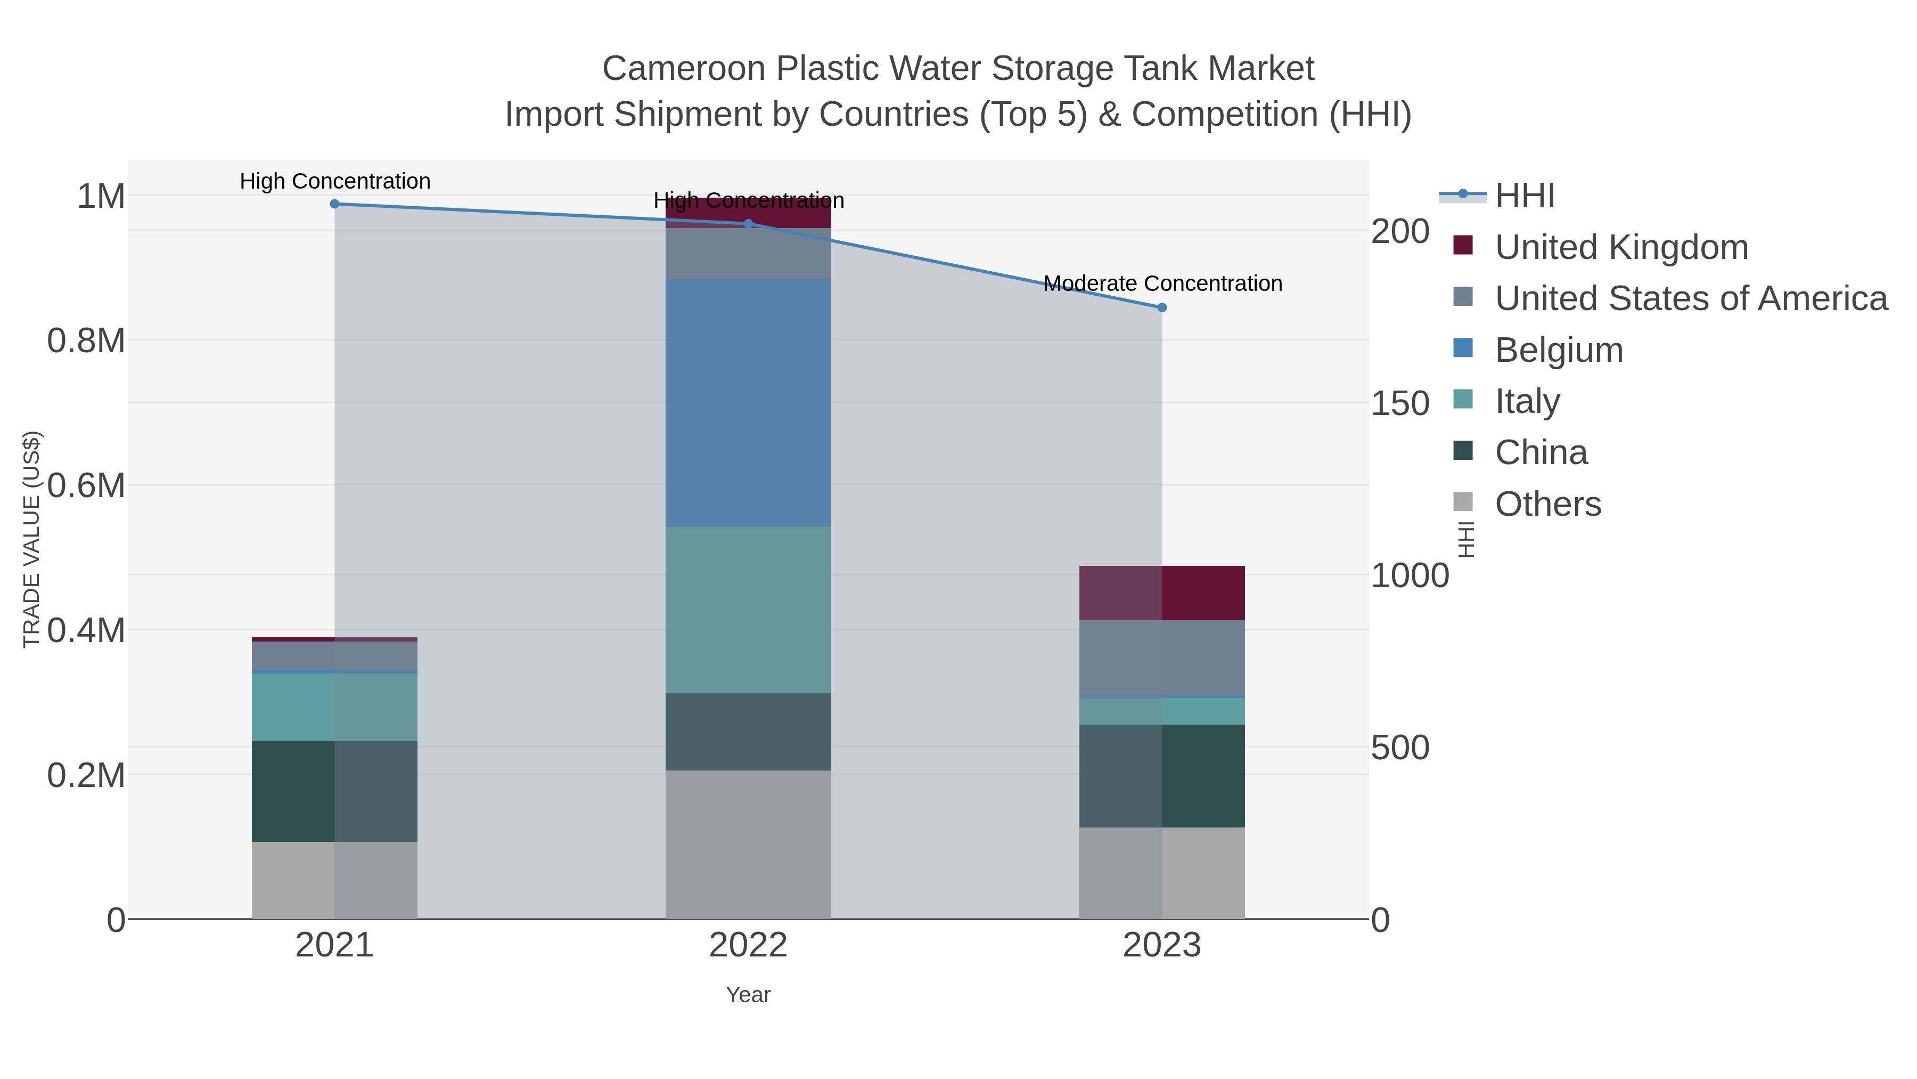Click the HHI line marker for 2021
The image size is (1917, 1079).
(335, 204)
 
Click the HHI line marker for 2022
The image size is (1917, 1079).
(749, 223)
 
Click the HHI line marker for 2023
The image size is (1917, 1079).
(1162, 307)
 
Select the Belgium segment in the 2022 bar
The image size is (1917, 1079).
(749, 403)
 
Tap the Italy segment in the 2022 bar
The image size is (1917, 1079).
(749, 610)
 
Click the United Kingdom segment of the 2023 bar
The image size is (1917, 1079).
(1162, 594)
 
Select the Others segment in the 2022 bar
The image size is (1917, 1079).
(749, 845)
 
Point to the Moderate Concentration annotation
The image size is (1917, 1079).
(1162, 283)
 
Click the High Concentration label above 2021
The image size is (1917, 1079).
(335, 182)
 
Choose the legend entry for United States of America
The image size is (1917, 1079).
(1691, 298)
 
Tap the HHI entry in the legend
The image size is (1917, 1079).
(1525, 196)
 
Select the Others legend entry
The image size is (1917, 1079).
(1548, 504)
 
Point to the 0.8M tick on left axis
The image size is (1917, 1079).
(86, 341)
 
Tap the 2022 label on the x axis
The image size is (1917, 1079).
(749, 946)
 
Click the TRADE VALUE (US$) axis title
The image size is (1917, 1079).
(31, 539)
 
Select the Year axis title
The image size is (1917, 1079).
(749, 995)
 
